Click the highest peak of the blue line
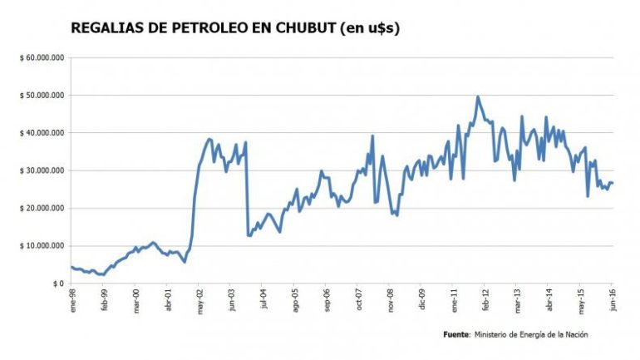click(478, 96)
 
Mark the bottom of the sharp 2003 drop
click(249, 236)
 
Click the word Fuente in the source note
click(456, 334)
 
